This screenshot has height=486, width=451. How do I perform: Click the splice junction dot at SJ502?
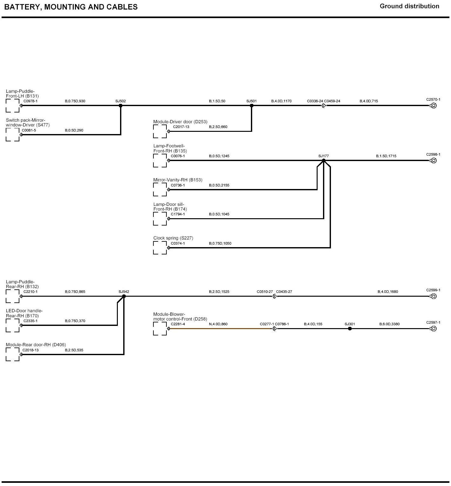[121, 105]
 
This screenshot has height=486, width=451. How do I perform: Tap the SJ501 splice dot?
[252, 105]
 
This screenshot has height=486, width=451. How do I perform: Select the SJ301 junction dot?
[350, 328]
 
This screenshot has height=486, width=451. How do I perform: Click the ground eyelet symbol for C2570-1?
[434, 105]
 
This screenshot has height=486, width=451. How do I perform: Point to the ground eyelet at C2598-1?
[434, 160]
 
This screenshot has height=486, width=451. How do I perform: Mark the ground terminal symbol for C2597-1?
[434, 328]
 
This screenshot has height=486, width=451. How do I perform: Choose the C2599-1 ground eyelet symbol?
[434, 296]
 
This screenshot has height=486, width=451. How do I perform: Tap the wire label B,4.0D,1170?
[281, 101]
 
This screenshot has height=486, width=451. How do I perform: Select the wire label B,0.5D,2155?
[219, 185]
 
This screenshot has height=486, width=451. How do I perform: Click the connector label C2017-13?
[181, 127]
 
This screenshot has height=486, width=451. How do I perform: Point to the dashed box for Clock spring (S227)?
[160, 248]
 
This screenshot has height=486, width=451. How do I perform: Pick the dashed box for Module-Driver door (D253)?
[160, 131]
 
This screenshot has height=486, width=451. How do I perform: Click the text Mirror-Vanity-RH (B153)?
[178, 180]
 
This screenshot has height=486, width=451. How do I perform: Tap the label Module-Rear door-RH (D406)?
[36, 345]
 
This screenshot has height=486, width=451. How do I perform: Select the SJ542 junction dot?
[124, 296]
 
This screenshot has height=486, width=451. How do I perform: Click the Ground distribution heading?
[409, 6]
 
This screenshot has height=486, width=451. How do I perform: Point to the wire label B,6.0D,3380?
[389, 324]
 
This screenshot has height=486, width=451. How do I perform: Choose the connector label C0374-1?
[178, 243]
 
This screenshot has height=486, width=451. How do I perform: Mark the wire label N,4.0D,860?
[218, 324]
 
